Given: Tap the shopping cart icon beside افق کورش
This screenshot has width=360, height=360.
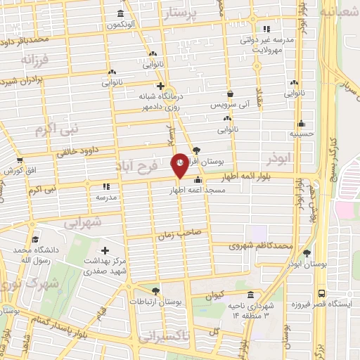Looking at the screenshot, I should pyautogui.click(x=20, y=161).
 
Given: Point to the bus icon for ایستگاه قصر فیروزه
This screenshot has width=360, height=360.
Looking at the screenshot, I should pyautogui.click(x=321, y=293).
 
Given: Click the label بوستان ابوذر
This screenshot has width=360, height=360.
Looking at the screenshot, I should pyautogui.click(x=304, y=263).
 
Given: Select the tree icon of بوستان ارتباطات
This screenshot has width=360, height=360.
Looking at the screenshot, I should pyautogui.click(x=155, y=290).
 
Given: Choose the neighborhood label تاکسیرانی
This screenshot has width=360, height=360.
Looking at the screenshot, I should pyautogui.click(x=165, y=337).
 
